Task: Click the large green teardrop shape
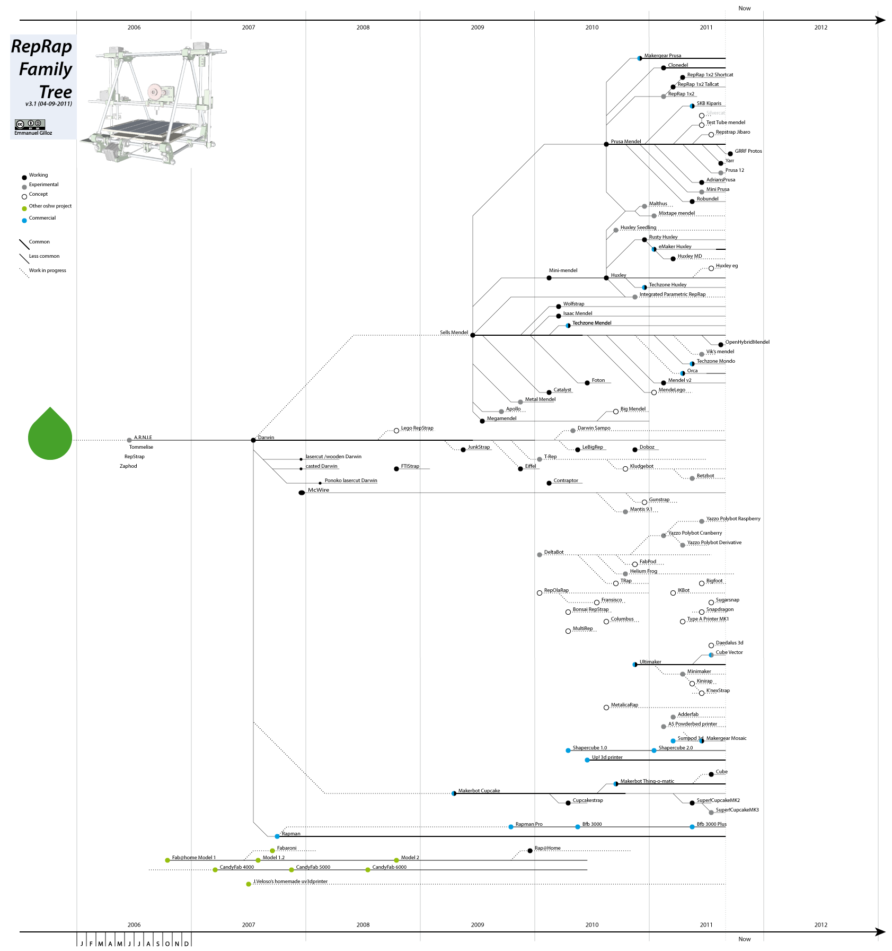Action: tap(50, 434)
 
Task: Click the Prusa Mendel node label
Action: tap(625, 142)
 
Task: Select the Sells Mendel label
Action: tap(454, 333)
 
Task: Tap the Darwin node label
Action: tap(266, 438)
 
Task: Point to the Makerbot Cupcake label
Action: tap(479, 791)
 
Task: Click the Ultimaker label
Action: tap(650, 662)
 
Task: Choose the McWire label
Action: tap(319, 490)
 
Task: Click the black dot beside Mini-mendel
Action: tap(549, 278)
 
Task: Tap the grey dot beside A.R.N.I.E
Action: tap(129, 440)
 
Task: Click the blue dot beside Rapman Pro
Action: tap(511, 827)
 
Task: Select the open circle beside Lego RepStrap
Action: tap(396, 431)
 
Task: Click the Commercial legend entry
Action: tap(42, 218)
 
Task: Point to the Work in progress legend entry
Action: tap(47, 271)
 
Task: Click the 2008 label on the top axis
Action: tap(363, 28)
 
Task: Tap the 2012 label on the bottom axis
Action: tap(820, 924)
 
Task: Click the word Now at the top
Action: tap(744, 8)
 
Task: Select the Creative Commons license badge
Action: tap(30, 124)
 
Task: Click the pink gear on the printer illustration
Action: tap(154, 92)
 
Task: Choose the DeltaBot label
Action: tap(553, 552)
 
